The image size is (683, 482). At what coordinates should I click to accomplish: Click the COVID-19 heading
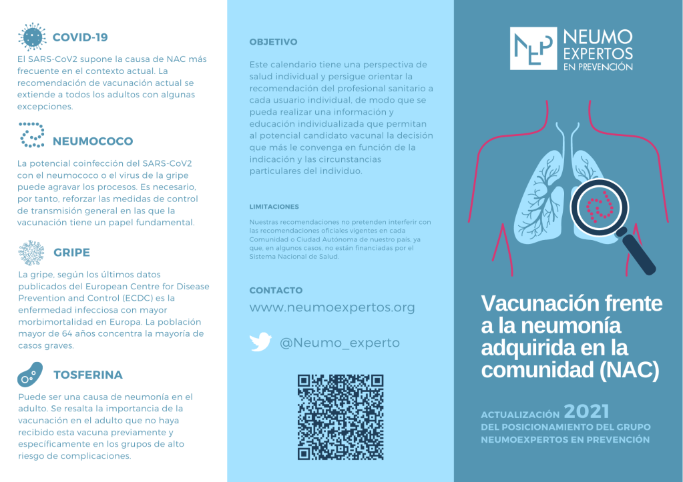79,37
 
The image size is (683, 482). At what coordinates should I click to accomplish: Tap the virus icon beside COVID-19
31,37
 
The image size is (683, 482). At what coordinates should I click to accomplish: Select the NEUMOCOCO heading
92,141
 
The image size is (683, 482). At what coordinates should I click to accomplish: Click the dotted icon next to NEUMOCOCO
31,135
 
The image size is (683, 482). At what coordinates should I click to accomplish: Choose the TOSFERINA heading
87,375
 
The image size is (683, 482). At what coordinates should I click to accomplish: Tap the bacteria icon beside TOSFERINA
30,375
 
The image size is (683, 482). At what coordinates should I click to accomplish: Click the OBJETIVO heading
273,42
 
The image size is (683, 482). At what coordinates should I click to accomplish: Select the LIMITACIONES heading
274,207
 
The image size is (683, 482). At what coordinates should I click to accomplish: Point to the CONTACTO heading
276,291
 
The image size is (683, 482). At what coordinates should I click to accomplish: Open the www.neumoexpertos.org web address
332,307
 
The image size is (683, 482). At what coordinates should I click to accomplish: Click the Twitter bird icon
260,343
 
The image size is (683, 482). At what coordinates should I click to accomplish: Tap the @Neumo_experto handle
339,343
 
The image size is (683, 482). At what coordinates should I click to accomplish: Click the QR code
340,417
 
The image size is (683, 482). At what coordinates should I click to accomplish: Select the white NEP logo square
532,48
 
